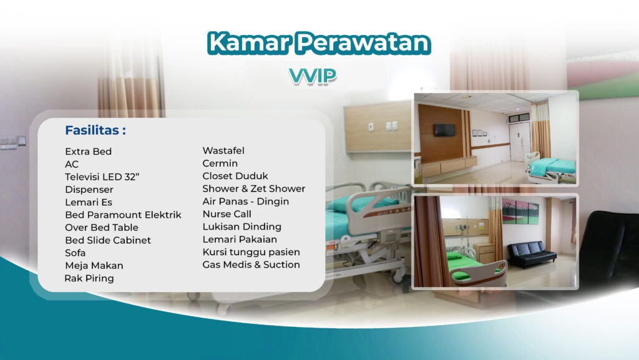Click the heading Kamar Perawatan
319,42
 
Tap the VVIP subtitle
313,75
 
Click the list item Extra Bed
89,152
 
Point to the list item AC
72,164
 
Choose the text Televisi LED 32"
102,177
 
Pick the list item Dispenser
89,189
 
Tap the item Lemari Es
89,202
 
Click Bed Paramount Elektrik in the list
123,215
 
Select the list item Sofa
76,253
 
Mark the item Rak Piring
89,278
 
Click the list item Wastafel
223,150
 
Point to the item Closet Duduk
235,176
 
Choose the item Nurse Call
227,214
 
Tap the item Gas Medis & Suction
251,265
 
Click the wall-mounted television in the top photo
444,130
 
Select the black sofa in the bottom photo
532,253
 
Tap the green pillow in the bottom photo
454,256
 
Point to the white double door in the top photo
519,141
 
